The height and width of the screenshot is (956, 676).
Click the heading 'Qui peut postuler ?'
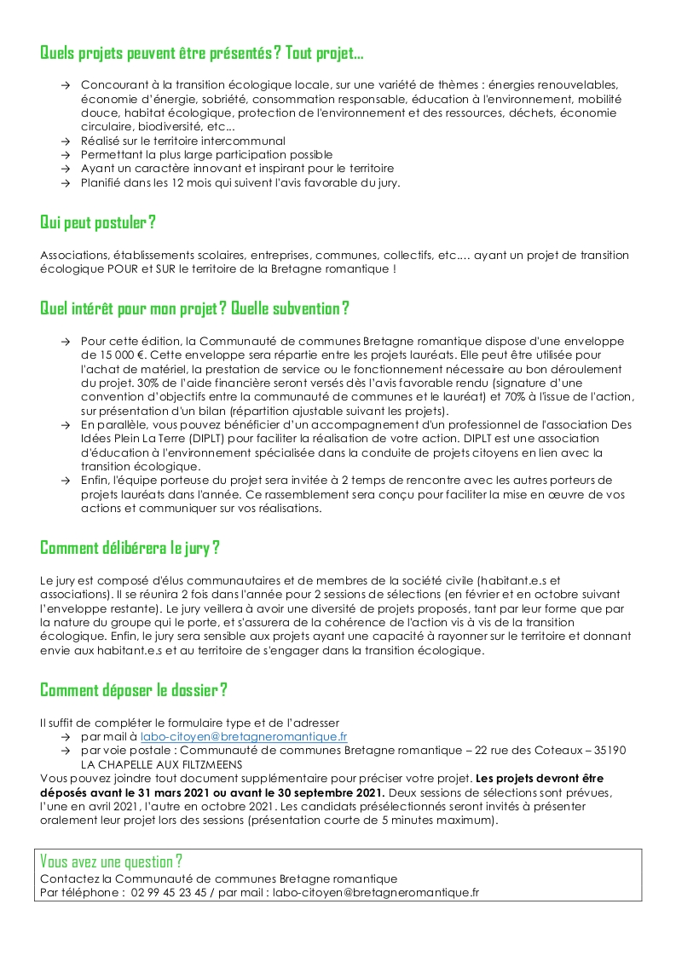point(98,222)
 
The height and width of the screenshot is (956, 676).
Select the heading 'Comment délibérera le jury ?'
point(130,547)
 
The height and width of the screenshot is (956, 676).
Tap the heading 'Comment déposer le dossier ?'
point(134,689)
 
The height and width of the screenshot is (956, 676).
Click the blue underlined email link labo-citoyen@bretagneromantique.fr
point(244,736)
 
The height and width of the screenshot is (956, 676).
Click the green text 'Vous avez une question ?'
point(112,861)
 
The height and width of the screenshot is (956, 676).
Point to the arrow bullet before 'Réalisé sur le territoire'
point(66,141)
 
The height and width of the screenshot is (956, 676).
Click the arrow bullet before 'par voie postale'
point(66,751)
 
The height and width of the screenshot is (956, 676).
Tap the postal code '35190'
point(608,750)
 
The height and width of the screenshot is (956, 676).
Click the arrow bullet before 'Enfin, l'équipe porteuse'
point(66,481)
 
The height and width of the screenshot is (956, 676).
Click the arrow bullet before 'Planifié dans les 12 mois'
point(66,182)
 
